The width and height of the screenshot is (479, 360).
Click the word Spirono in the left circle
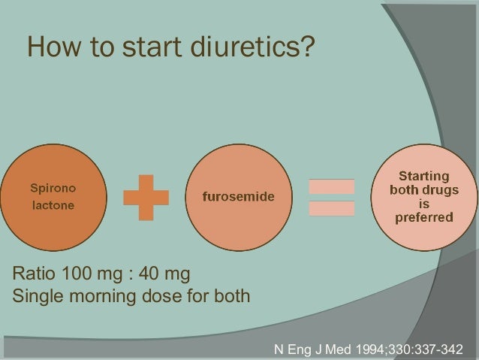(52, 187)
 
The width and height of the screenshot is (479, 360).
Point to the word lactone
(52, 204)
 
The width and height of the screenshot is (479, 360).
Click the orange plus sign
(146, 198)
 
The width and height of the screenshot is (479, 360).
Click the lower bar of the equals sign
(331, 208)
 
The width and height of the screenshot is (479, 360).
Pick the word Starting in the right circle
(424, 176)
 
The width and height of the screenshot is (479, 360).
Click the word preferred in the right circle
(424, 219)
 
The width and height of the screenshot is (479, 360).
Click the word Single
(35, 295)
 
